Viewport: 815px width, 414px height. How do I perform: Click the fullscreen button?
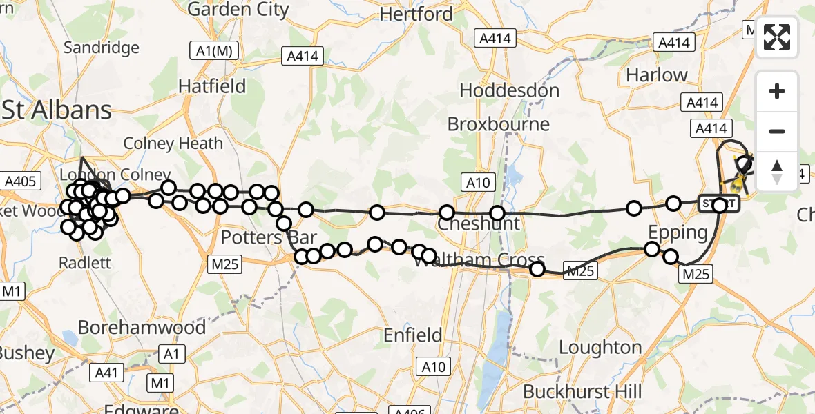tap(777, 37)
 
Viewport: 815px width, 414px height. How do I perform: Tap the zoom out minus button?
tap(777, 131)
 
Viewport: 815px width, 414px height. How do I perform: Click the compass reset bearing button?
tap(777, 171)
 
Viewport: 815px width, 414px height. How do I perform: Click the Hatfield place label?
tap(212, 86)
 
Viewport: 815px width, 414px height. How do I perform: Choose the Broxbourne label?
tap(499, 124)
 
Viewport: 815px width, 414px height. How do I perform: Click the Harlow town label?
tap(656, 75)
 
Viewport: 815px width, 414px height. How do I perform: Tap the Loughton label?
tap(600, 347)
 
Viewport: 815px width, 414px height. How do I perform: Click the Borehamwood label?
tap(142, 326)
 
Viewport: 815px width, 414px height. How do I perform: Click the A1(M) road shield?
tap(213, 50)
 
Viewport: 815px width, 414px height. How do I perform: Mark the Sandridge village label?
tap(101, 48)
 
